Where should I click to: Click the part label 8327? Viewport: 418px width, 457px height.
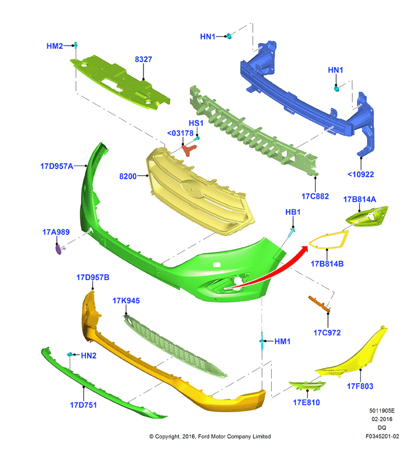[x=143, y=59]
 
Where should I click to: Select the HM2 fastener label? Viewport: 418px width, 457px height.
[x=55, y=46]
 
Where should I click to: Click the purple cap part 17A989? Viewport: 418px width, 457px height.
[x=59, y=250]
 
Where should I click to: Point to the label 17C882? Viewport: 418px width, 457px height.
[x=315, y=196]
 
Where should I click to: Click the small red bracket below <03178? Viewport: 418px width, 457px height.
[x=189, y=150]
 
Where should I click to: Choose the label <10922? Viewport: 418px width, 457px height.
[x=361, y=174]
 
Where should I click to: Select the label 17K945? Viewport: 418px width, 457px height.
[x=126, y=300]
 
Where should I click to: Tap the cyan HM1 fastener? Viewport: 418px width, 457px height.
[x=262, y=341]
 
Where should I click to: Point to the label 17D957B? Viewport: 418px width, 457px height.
[x=93, y=277]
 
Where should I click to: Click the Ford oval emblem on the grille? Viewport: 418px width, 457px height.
[x=192, y=188]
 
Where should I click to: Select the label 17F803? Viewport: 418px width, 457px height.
[x=360, y=386]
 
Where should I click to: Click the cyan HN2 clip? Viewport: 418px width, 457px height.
[x=70, y=354]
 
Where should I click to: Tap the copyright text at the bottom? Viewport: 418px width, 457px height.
[x=210, y=436]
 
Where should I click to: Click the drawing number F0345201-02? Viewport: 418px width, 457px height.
[x=382, y=436]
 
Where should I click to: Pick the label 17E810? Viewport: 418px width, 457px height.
[x=307, y=402]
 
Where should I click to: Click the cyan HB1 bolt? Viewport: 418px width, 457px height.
[x=291, y=233]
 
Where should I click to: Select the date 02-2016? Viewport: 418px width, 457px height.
[x=382, y=419]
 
